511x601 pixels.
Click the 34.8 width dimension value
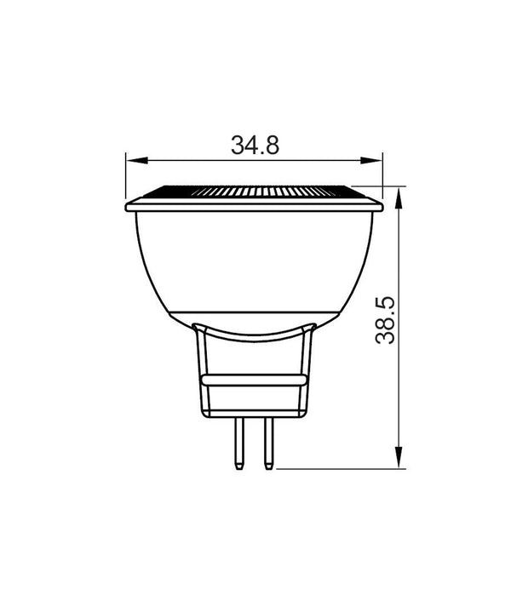click(255, 145)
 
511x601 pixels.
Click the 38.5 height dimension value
click(386, 319)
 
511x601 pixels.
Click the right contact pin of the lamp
click(268, 443)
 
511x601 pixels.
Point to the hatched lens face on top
click(254, 191)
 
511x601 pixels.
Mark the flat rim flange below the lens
click(254, 205)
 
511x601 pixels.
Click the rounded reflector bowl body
click(254, 260)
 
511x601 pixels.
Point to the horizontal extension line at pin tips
click(341, 467)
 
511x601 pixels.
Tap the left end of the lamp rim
click(129, 205)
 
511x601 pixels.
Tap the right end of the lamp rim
click(380, 205)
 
